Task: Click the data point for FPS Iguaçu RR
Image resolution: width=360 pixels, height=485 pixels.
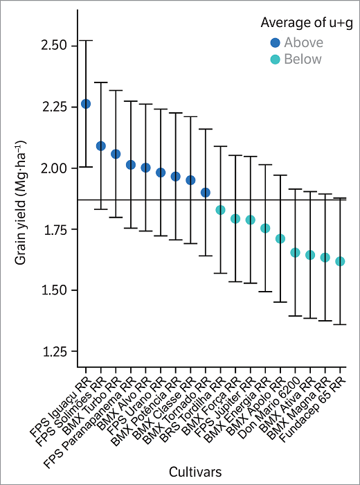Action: tap(86, 104)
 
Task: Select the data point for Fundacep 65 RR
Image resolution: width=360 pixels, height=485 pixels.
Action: tap(340, 261)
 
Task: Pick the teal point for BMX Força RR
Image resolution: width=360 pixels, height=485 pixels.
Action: tap(235, 219)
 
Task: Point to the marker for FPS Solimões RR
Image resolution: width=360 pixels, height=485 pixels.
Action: tap(100, 146)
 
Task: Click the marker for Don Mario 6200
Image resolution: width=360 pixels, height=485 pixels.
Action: tap(295, 253)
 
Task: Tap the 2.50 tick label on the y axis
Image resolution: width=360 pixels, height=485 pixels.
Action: tap(55, 46)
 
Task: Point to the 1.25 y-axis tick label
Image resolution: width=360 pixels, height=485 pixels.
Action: tap(55, 352)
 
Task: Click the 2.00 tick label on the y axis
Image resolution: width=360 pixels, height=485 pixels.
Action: tap(55, 168)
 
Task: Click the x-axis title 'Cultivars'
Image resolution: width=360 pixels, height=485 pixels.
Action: tap(198, 471)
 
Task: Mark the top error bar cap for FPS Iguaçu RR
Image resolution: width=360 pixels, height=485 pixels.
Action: tap(86, 40)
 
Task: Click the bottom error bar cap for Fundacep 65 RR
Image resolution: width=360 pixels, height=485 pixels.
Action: tap(340, 324)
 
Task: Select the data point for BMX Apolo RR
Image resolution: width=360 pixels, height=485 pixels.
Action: tap(280, 239)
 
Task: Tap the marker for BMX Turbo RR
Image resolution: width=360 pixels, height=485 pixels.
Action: tap(116, 154)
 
